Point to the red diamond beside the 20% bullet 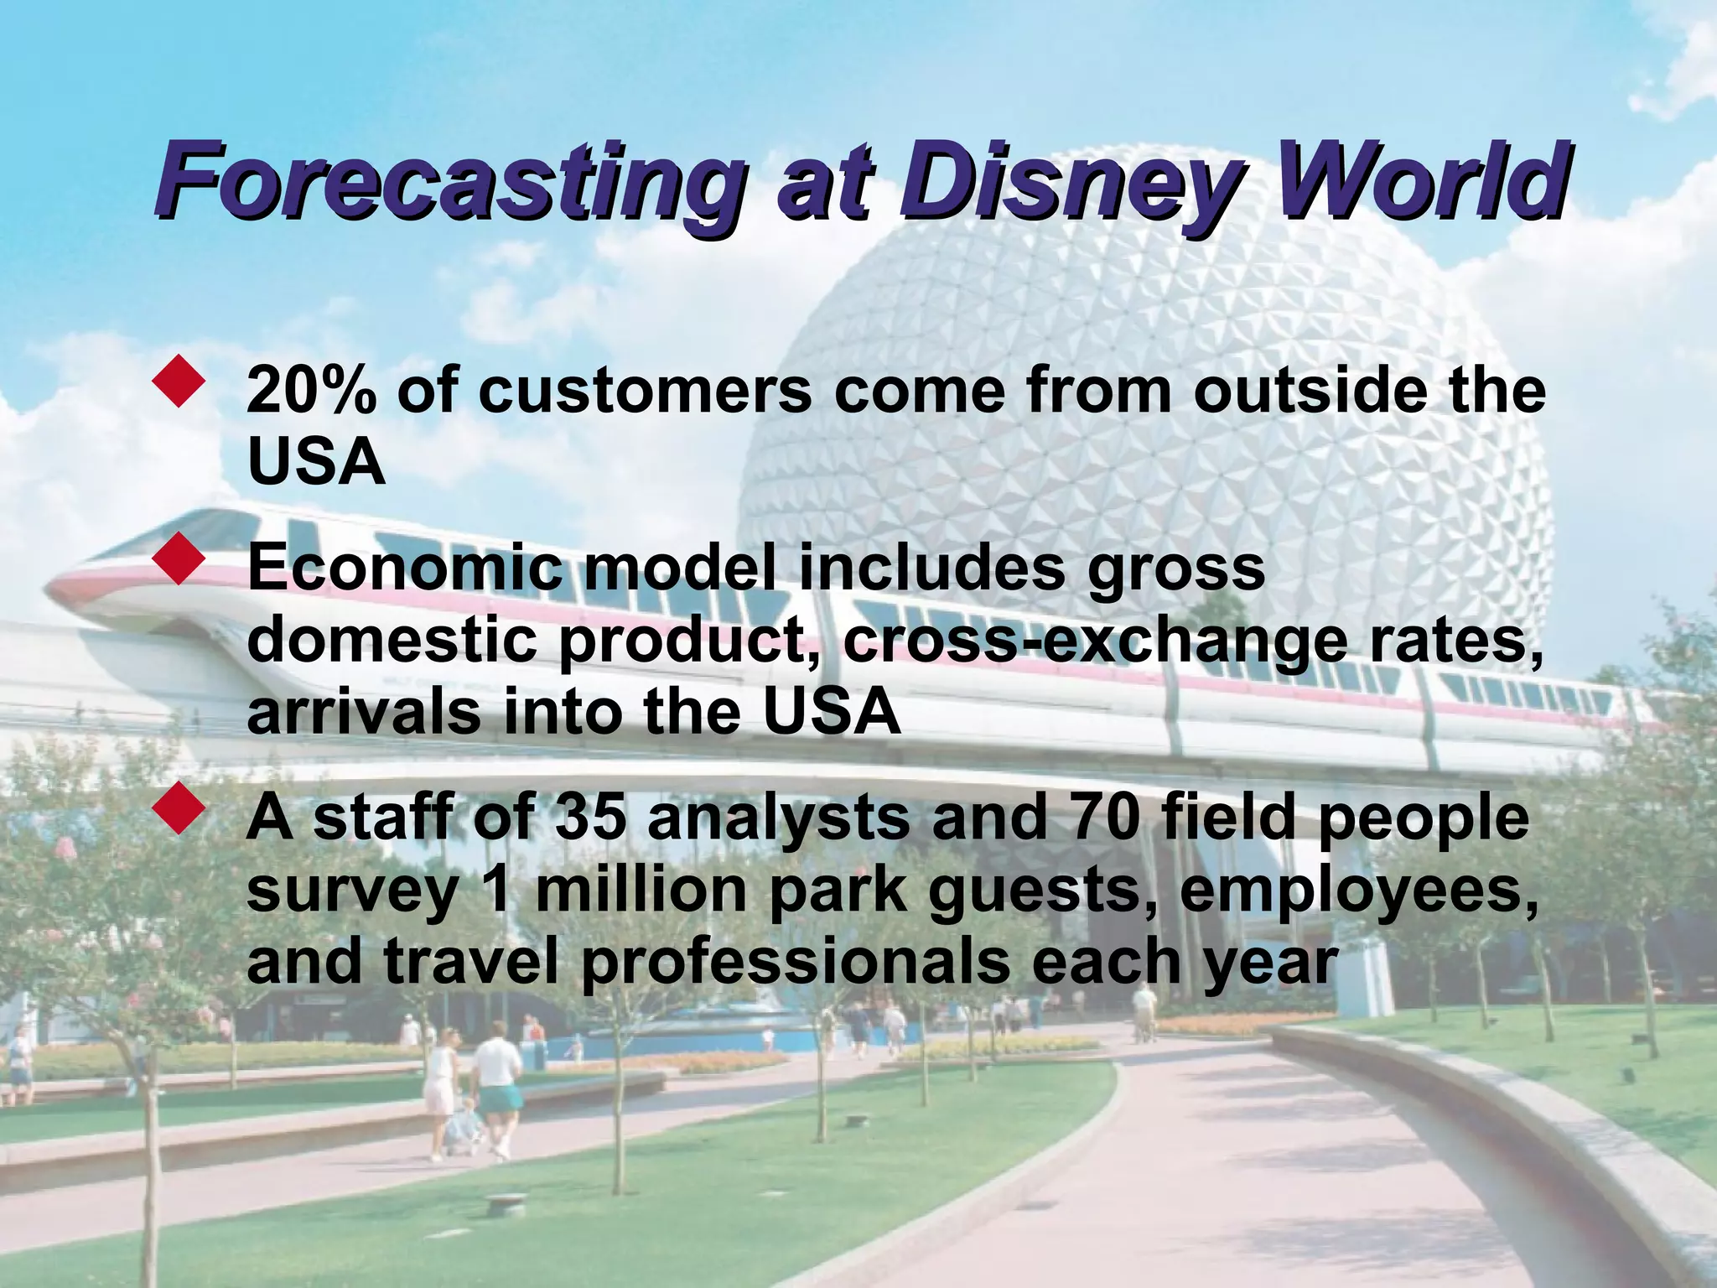point(179,382)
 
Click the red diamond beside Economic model point(179,559)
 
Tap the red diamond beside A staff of point(179,808)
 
